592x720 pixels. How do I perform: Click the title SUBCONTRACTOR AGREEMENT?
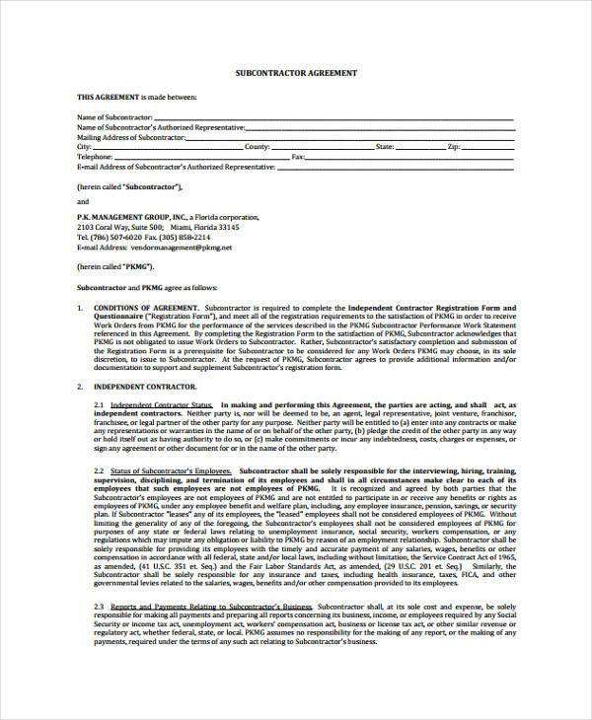pos(295,74)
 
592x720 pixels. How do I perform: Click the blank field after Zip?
pos(487,147)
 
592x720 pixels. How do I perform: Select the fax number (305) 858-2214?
pos(184,238)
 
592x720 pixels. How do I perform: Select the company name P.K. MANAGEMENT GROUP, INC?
pos(139,216)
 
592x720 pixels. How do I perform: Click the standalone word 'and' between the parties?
pos(83,200)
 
